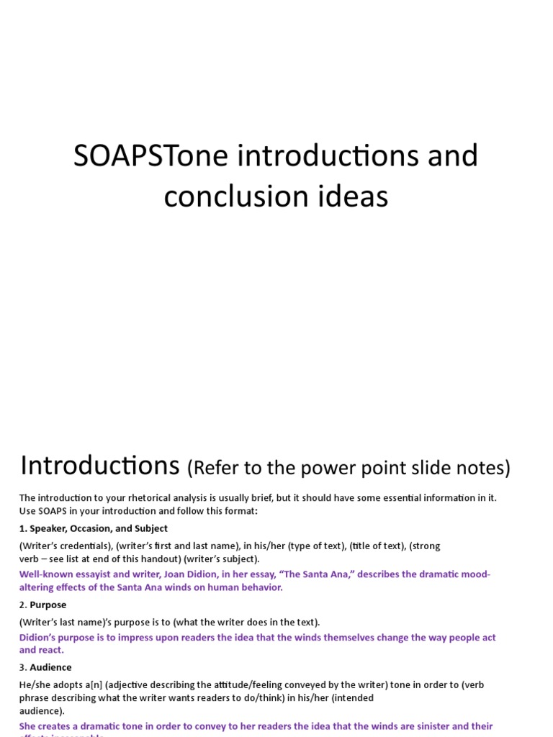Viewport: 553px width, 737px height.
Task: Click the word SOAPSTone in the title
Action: [135, 156]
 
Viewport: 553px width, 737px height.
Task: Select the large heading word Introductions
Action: [99, 466]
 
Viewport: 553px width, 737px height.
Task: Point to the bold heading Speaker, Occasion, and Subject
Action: [99, 528]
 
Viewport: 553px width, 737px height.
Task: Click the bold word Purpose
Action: [48, 605]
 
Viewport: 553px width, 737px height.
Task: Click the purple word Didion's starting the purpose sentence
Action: [38, 637]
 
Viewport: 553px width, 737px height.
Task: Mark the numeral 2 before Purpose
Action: [22, 605]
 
